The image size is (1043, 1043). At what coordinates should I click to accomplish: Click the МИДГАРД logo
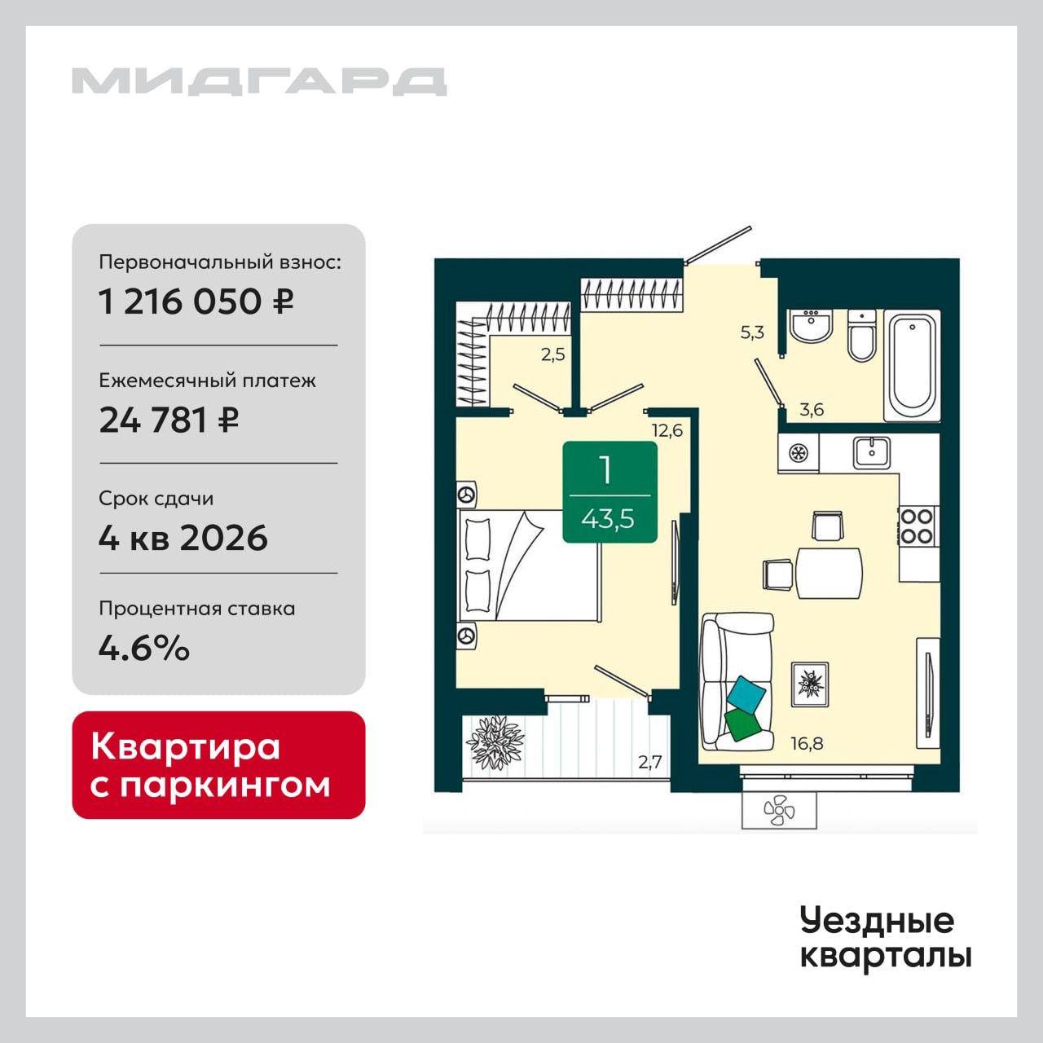click(259, 81)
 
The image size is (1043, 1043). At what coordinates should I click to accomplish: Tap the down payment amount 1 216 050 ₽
click(196, 301)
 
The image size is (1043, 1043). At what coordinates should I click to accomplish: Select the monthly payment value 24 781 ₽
click(169, 420)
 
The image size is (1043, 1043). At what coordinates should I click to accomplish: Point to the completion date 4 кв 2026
click(183, 537)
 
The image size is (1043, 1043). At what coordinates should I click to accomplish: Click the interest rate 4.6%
click(144, 647)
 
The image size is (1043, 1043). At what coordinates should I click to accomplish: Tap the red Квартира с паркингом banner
click(218, 765)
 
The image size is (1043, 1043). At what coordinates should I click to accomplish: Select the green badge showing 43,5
click(610, 491)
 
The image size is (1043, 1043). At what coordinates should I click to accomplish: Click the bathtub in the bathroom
click(912, 365)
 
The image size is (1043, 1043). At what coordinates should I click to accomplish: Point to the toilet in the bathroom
click(861, 336)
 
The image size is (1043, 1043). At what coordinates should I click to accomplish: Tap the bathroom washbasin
click(810, 325)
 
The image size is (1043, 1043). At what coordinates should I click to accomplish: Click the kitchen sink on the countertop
click(872, 452)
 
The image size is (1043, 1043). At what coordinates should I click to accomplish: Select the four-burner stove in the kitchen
click(919, 526)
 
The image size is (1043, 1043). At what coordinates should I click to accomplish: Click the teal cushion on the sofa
click(747, 694)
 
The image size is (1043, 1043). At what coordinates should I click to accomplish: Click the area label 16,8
click(807, 743)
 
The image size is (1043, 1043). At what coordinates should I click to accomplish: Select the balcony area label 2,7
click(649, 762)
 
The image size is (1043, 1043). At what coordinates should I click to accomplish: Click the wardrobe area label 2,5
click(552, 354)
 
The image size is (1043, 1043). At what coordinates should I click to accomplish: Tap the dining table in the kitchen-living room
click(829, 573)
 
